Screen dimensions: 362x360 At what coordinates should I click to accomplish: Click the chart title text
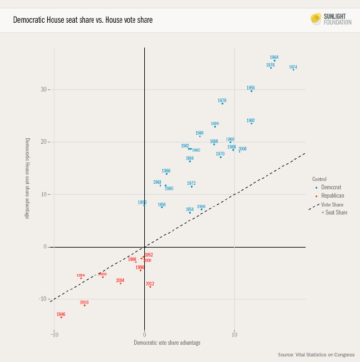83,20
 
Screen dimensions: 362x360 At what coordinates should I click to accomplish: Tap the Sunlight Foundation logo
331,19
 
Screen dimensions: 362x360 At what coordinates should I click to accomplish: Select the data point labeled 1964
274,61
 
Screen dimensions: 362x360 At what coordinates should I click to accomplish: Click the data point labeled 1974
293,70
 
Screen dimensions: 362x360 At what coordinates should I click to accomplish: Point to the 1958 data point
251,90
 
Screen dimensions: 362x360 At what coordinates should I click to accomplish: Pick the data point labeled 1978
222,104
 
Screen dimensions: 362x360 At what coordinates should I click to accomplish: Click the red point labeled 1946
61,317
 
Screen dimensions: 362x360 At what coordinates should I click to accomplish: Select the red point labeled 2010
84,305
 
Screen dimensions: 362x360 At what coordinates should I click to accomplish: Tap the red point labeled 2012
150,286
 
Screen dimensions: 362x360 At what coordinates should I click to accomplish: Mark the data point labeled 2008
240,152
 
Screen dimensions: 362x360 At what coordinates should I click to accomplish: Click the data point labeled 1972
191,187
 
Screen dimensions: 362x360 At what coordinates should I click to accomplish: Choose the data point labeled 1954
190,213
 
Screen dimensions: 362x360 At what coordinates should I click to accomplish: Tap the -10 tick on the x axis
54,335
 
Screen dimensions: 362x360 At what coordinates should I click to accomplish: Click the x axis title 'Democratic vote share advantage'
167,343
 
